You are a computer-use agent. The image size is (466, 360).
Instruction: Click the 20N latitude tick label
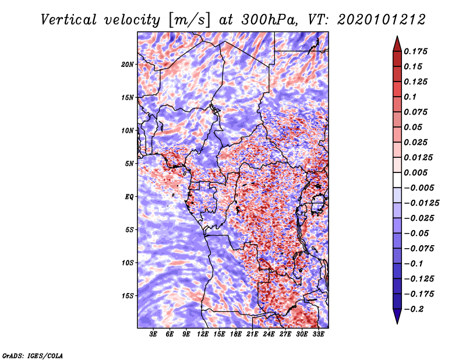128,65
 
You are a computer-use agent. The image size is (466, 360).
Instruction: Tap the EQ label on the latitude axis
129,197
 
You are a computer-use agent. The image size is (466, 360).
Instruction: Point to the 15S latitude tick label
128,296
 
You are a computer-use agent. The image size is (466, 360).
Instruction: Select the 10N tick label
128,130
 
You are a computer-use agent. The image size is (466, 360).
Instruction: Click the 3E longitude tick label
153,334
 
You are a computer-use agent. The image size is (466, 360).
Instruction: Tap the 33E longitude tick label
318,334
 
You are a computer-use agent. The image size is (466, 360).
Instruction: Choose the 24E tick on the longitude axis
269,334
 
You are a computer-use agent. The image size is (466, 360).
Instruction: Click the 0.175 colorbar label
415,51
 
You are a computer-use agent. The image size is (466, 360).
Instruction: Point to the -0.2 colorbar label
414,309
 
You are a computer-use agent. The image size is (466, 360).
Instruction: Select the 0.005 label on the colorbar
415,172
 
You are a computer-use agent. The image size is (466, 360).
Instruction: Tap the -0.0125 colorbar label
421,203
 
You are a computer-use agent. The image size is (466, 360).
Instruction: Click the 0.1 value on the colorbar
410,97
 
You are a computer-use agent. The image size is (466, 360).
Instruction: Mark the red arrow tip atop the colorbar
397,36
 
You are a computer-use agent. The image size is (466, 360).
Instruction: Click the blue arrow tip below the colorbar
397,323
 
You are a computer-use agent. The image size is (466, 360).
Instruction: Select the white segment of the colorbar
397,180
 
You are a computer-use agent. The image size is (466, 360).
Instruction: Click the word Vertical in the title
69,20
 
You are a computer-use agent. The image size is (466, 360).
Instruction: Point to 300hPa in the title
269,20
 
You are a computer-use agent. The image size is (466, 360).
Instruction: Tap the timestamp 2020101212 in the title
382,20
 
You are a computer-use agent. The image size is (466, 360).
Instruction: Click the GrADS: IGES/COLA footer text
33,355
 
